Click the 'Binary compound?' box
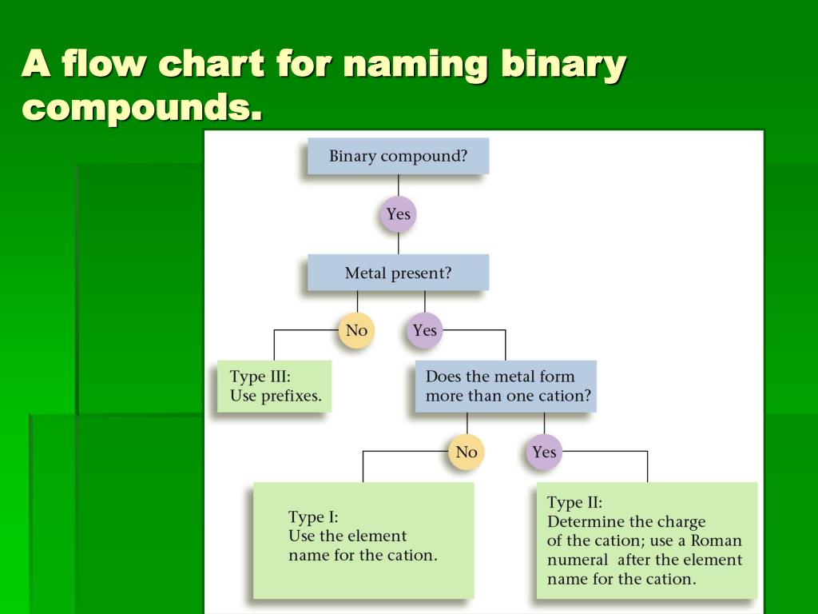click(x=398, y=156)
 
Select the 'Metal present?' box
click(x=398, y=273)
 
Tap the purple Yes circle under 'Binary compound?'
click(x=398, y=214)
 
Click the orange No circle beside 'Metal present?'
click(x=356, y=330)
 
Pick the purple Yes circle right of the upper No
click(x=424, y=330)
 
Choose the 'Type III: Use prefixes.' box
click(x=274, y=386)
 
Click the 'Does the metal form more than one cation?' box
click(x=505, y=386)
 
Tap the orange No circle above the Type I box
click(x=467, y=453)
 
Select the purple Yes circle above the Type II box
click(x=544, y=453)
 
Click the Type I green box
click(x=363, y=540)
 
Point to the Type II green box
click(x=646, y=540)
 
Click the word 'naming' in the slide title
click(x=415, y=64)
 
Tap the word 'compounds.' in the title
click(x=142, y=106)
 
